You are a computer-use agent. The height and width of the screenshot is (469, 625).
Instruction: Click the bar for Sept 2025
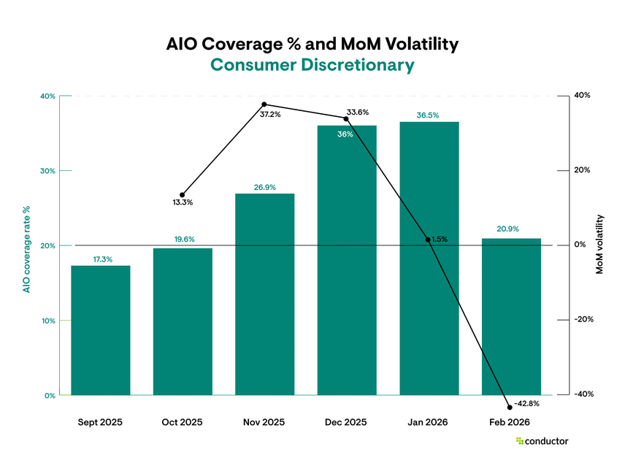[x=100, y=330]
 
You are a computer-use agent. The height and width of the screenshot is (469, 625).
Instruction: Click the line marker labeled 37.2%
[x=264, y=104]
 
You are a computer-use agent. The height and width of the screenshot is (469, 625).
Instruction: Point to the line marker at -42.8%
[x=510, y=406]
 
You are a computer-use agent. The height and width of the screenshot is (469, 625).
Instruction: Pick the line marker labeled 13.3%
[x=182, y=195]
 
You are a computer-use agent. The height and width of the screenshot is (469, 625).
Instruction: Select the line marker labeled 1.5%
[x=428, y=240]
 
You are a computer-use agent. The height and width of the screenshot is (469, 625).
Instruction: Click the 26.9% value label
[x=264, y=187]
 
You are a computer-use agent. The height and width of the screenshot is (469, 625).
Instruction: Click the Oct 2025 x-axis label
[x=182, y=422]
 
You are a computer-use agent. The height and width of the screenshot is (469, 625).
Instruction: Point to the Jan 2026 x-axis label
[x=429, y=422]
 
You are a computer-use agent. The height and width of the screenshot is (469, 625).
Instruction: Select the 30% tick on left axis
[x=47, y=171]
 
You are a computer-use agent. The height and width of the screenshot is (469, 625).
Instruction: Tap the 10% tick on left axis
[x=47, y=321]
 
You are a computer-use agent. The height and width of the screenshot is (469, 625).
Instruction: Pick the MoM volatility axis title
[x=600, y=244]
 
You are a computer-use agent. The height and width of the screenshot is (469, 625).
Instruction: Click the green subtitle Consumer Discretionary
[x=312, y=65]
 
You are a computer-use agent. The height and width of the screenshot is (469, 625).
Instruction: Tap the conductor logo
[x=542, y=441]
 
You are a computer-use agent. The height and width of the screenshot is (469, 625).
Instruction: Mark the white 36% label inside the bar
[x=345, y=134]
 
